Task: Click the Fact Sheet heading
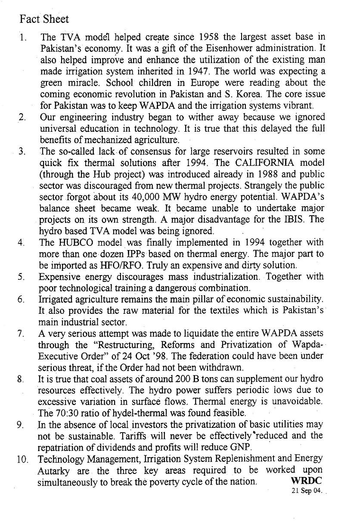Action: click(44, 19)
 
